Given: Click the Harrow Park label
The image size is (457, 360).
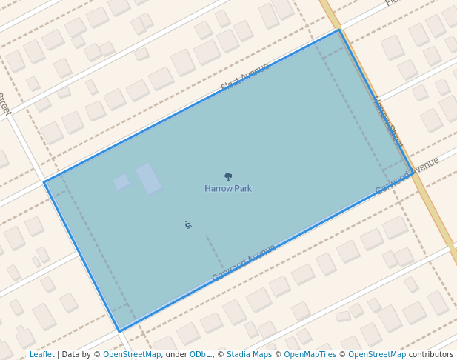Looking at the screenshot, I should [228, 189].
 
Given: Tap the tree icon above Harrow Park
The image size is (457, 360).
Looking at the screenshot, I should [228, 176].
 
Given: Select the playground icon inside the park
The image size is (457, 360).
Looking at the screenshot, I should [188, 224].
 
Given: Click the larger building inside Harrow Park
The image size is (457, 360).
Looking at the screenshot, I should [149, 179].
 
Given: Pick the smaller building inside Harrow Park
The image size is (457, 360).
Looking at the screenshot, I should [121, 181].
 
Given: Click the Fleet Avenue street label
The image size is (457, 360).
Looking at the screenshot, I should [244, 78].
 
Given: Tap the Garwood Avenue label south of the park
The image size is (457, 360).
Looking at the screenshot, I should [244, 263].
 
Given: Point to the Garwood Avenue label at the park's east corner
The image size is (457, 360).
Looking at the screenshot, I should [407, 176].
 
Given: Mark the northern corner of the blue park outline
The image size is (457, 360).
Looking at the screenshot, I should [339, 30].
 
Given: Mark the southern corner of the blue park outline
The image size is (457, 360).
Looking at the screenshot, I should [119, 331].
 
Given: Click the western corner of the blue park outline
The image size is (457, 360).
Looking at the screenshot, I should [44, 182].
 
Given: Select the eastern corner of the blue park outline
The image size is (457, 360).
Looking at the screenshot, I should [413, 173].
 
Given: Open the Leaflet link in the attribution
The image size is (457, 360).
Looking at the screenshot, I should [41, 355].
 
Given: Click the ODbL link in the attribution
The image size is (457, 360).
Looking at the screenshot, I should [200, 355].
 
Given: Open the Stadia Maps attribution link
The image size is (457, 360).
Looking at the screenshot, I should [249, 355].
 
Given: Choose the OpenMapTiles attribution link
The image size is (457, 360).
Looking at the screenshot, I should [310, 355].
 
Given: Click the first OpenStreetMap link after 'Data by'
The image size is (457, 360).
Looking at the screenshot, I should [132, 355].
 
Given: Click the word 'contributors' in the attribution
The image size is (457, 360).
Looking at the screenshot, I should [431, 355].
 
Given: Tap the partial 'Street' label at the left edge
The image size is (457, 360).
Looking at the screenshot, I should [4, 104].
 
